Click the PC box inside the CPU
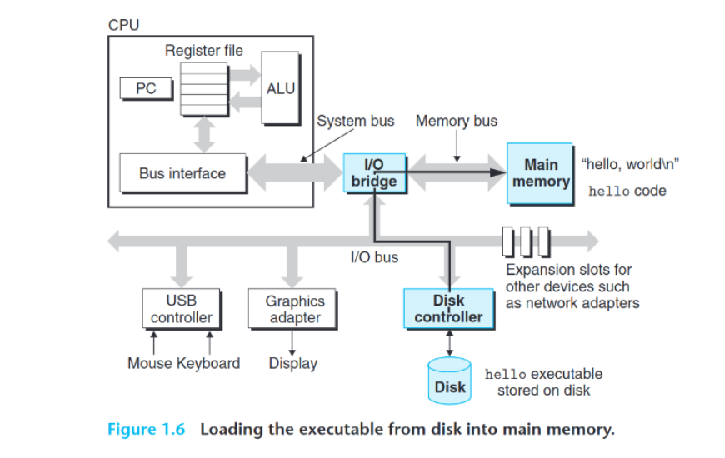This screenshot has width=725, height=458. coord(146,88)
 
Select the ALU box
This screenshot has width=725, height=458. coord(281,87)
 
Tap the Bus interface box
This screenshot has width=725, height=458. coord(182,173)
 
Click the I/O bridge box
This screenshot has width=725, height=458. coord(374,173)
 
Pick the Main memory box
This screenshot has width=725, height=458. coord(540,173)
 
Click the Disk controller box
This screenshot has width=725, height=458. coord(448,309)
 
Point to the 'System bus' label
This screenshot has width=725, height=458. coord(356,121)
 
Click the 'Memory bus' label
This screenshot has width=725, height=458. coord(456,121)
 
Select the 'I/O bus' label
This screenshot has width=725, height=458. coord(374,257)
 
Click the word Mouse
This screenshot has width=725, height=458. coord(150,363)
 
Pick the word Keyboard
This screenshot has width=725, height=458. coord(208,363)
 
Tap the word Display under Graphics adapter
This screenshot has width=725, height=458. coord(292,363)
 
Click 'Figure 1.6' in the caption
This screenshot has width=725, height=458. coord(148,430)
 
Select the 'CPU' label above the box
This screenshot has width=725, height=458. coord(123,25)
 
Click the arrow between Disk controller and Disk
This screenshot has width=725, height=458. coord(450,341)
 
